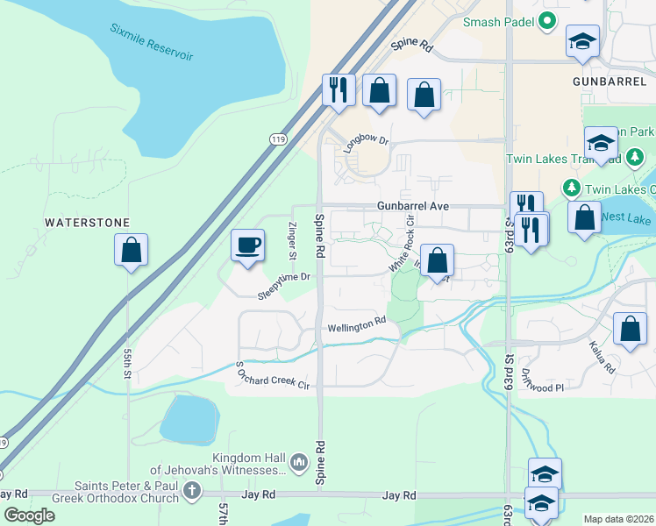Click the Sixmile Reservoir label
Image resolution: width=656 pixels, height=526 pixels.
pyautogui.click(x=151, y=42)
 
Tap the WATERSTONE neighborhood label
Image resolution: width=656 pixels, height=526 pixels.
pyautogui.click(x=88, y=224)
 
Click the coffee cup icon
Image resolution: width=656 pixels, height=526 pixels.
pyautogui.click(x=247, y=245)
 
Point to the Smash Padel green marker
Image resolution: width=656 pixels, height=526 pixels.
pyautogui.click(x=548, y=21)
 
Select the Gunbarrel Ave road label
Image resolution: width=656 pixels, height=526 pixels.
pyautogui.click(x=413, y=205)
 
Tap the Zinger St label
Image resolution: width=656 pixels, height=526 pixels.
pyautogui.click(x=293, y=239)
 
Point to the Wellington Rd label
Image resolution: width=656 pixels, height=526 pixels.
pyautogui.click(x=357, y=325)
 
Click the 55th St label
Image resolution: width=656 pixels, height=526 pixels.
pyautogui.click(x=128, y=362)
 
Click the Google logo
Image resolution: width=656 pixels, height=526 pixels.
pyautogui.click(x=29, y=516)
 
